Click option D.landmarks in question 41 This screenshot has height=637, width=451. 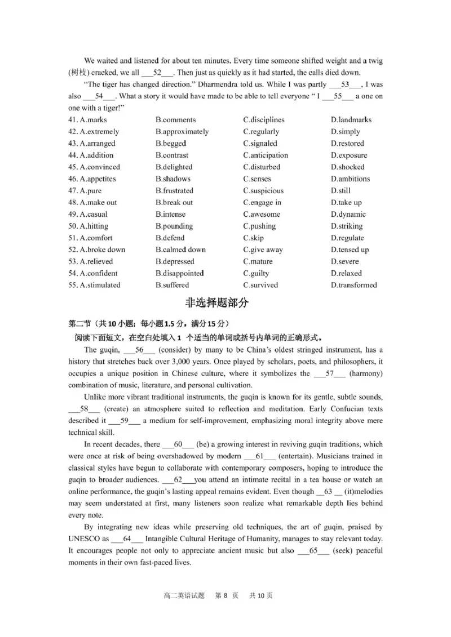pos(351,119)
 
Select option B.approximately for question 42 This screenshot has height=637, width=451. pos(182,131)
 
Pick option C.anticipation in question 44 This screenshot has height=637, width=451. pos(265,155)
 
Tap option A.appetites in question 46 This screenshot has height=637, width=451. pos(92,179)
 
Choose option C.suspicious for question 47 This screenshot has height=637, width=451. pos(263,190)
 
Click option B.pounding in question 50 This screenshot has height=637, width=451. pos(174,226)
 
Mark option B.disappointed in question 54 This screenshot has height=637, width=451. pos(179,273)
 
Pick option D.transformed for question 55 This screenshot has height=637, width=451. pos(353,285)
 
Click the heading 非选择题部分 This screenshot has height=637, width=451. pos(216,303)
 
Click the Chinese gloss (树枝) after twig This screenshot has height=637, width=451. pos(77,73)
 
